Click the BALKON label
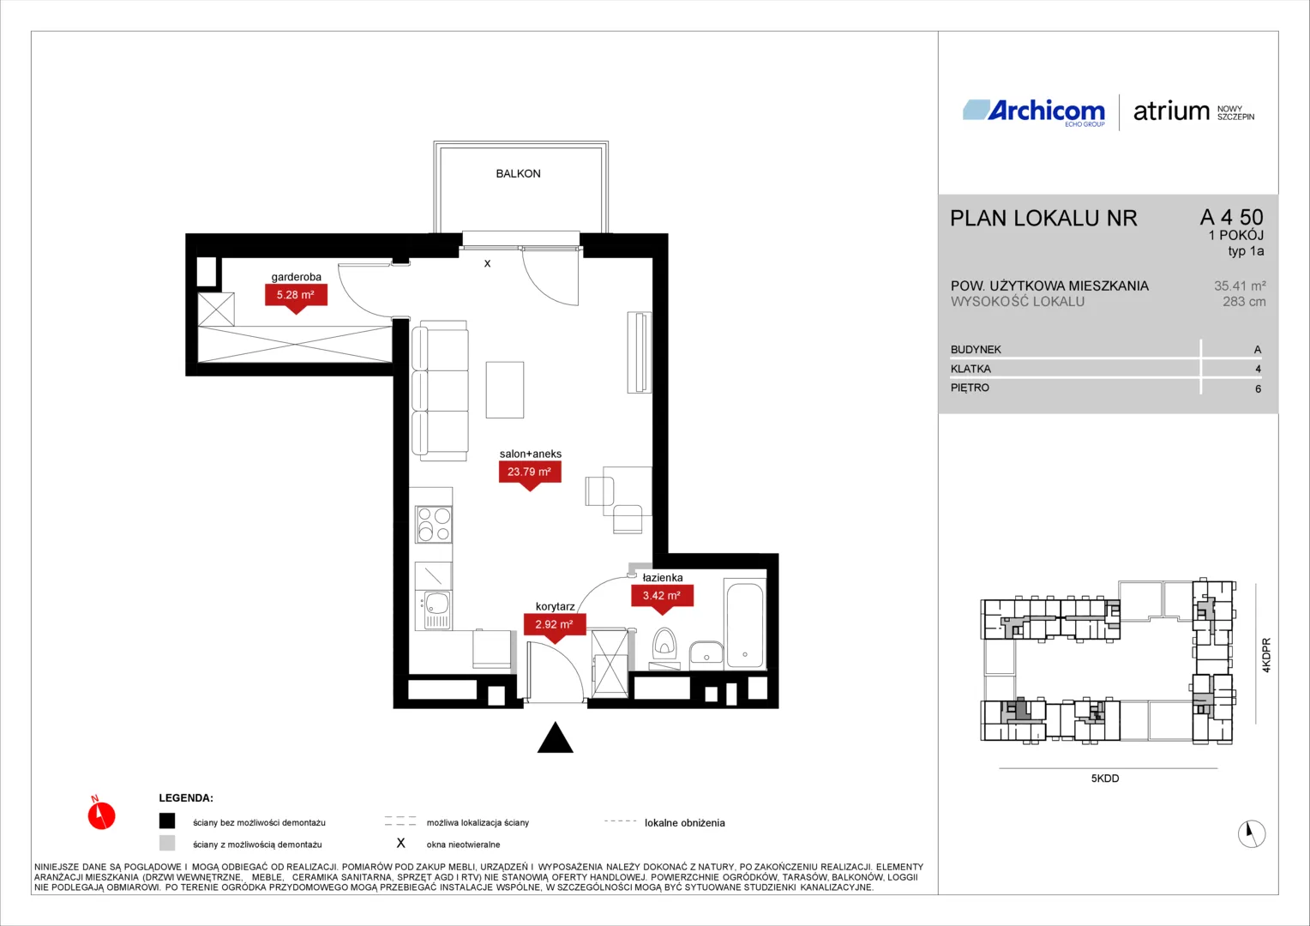point(518,174)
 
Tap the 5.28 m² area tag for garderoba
point(296,296)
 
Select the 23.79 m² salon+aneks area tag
point(530,472)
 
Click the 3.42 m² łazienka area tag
point(662,596)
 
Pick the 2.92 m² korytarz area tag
point(555,625)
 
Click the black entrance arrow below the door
point(555,737)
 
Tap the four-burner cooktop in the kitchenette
point(433,524)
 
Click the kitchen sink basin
point(436,603)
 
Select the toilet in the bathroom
point(664,644)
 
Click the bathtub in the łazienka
point(744,624)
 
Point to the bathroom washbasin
point(706,653)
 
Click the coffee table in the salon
point(505,389)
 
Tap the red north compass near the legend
point(101,815)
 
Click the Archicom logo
point(1034,111)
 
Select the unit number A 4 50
point(1232,217)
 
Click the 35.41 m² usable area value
point(1240,286)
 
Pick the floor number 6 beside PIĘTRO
point(1258,389)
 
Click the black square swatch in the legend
point(167,821)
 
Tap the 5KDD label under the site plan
point(1105,779)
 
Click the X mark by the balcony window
point(487,264)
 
